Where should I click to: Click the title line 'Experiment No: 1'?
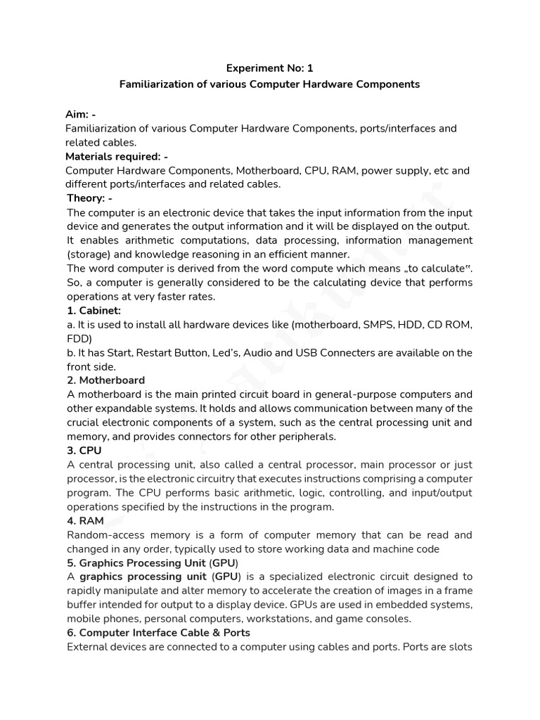[269, 68]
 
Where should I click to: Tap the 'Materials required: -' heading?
[116, 156]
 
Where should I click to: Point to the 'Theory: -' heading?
[89, 198]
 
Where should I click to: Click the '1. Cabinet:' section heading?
[94, 310]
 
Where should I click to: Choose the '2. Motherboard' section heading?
[106, 380]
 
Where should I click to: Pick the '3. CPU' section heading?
[85, 451]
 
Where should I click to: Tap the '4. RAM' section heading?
[86, 521]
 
